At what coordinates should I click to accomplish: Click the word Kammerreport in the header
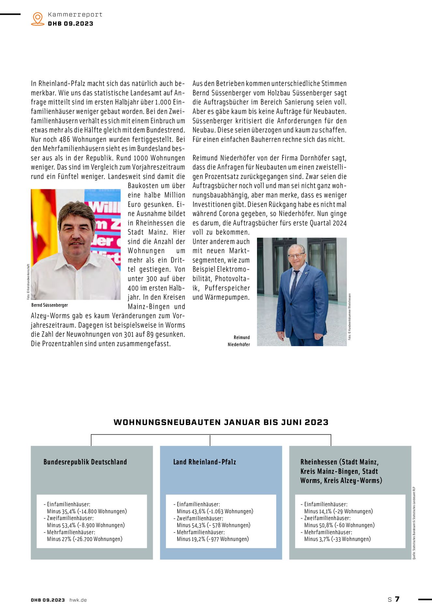pyautogui.click(x=75, y=15)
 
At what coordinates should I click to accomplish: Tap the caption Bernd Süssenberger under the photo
pyautogui.click(x=50, y=305)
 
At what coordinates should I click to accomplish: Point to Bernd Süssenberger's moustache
pyautogui.click(x=77, y=242)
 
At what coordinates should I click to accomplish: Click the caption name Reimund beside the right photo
pyautogui.click(x=241, y=338)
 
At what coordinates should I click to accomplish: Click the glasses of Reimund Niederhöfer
pyautogui.click(x=296, y=256)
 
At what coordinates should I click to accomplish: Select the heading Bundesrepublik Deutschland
pyautogui.click(x=85, y=462)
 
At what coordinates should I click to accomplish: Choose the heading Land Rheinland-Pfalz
pyautogui.click(x=204, y=462)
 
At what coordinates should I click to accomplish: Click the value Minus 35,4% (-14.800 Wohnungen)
pyautogui.click(x=87, y=511)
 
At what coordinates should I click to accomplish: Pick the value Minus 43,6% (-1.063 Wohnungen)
pyautogui.click(x=215, y=511)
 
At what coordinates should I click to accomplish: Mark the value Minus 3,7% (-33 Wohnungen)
pyautogui.click(x=337, y=539)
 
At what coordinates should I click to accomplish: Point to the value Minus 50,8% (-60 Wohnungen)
pyautogui.click(x=339, y=525)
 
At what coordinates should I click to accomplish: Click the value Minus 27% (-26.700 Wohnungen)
pyautogui.click(x=84, y=539)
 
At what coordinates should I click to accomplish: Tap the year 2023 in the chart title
pyautogui.click(x=316, y=422)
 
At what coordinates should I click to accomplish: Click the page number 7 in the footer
pyautogui.click(x=397, y=599)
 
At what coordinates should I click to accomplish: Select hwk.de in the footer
pyautogui.click(x=78, y=600)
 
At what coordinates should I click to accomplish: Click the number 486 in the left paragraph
pyautogui.click(x=65, y=139)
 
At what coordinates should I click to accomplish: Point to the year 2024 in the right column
pyautogui.click(x=340, y=223)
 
